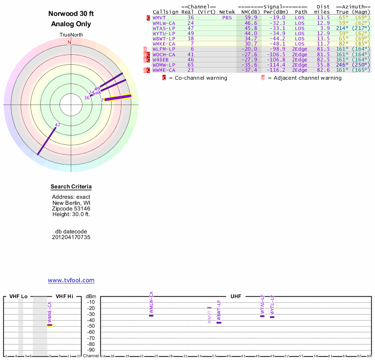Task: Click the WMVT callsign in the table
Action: point(160,17)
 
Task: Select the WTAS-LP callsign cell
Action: point(163,28)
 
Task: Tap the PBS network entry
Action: point(227,17)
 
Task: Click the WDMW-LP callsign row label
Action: point(164,65)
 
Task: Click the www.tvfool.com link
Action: point(71,280)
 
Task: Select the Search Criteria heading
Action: point(71,187)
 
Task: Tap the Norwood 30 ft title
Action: point(71,14)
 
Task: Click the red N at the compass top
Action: point(69,42)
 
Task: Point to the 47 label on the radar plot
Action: point(58,125)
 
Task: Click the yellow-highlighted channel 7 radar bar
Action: point(118,97)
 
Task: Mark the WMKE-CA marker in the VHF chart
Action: point(50,324)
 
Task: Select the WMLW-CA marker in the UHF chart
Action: point(151,315)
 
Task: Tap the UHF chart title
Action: point(235,296)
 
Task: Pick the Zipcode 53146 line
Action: point(71,209)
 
